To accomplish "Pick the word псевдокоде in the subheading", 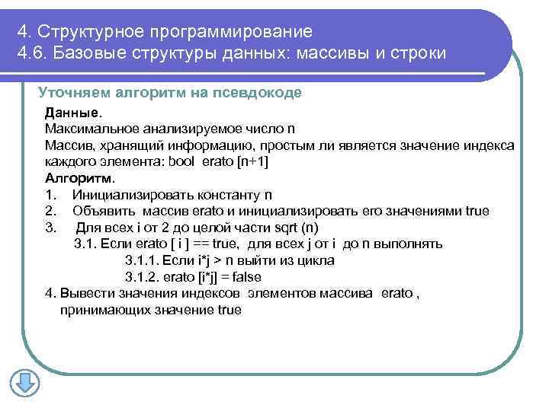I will click(262, 93).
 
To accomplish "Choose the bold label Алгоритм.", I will click(79, 178).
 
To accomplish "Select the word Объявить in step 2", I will click(103, 211).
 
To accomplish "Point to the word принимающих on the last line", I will click(98, 310).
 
